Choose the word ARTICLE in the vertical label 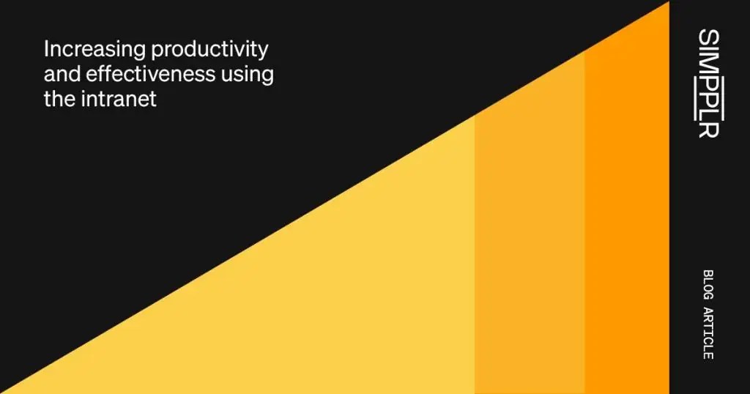pyautogui.click(x=708, y=333)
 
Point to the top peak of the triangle pyautogui.click(x=667, y=4)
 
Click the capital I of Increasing pyautogui.click(x=46, y=50)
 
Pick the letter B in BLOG pyautogui.click(x=708, y=274)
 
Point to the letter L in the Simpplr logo pyautogui.click(x=708, y=113)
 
